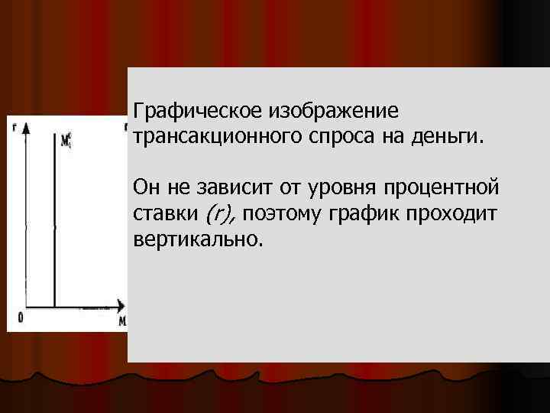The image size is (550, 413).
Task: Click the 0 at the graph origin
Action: [21, 317]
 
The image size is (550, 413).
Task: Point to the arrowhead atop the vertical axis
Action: [27, 128]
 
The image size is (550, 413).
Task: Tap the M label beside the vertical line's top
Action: [67, 140]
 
